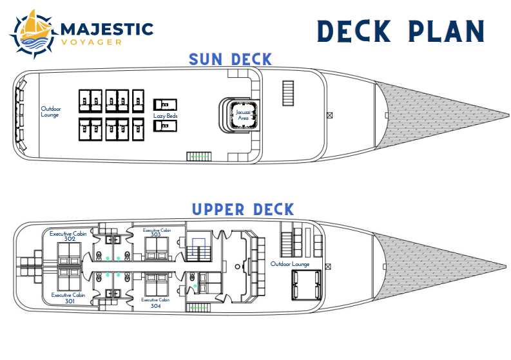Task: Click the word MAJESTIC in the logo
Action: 106,30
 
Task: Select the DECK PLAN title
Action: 400,32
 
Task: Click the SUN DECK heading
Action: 230,60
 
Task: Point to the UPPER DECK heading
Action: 242,210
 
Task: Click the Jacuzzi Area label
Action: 243,115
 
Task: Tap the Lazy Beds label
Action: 165,116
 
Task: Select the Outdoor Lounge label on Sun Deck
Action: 50,111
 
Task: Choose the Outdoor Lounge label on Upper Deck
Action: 289,264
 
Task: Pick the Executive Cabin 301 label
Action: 65,298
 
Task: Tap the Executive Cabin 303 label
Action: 156,232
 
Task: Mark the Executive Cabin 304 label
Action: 156,303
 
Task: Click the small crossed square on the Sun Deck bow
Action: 329,116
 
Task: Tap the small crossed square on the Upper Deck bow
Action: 329,265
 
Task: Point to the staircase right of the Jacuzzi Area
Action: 288,93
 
